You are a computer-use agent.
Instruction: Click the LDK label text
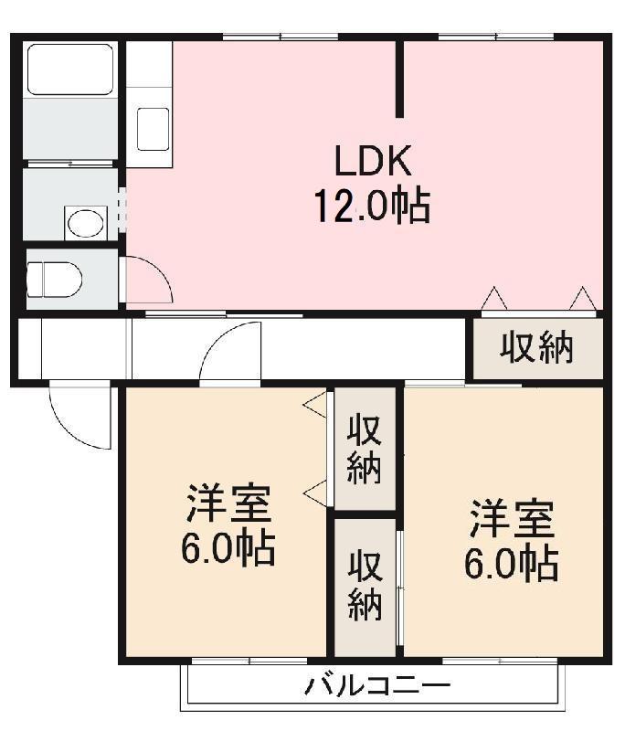pyautogui.click(x=373, y=162)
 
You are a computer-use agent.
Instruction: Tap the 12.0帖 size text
pyautogui.click(x=373, y=207)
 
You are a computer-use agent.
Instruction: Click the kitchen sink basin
pyautogui.click(x=152, y=129)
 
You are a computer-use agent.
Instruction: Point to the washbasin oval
pyautogui.click(x=86, y=222)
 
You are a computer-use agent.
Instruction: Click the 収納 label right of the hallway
pyautogui.click(x=536, y=347)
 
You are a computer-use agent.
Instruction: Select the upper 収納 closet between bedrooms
pyautogui.click(x=364, y=450)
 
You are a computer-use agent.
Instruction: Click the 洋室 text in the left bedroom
pyautogui.click(x=228, y=503)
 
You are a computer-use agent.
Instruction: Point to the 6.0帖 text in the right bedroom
pyautogui.click(x=512, y=564)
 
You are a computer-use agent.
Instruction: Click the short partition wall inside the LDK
pyautogui.click(x=399, y=79)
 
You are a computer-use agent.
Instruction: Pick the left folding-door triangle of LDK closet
pyautogui.click(x=494, y=298)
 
